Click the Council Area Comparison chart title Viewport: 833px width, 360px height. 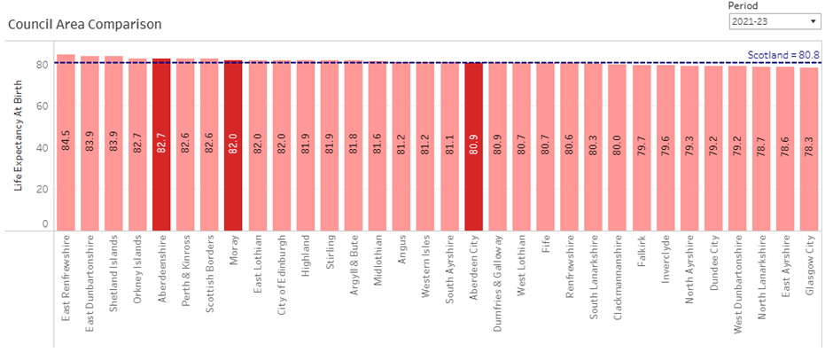click(x=84, y=24)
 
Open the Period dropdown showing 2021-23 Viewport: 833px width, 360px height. click(x=774, y=22)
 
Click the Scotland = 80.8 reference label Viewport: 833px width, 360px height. click(x=784, y=54)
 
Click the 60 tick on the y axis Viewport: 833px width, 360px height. click(x=41, y=106)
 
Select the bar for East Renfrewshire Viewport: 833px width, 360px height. click(x=66, y=142)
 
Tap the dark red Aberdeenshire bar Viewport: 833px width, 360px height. click(x=161, y=142)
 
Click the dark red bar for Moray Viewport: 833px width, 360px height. click(x=233, y=142)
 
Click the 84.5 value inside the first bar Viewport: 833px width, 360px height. click(x=66, y=141)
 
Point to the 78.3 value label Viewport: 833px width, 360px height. click(x=809, y=141)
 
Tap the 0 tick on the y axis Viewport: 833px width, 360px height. click(x=44, y=224)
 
